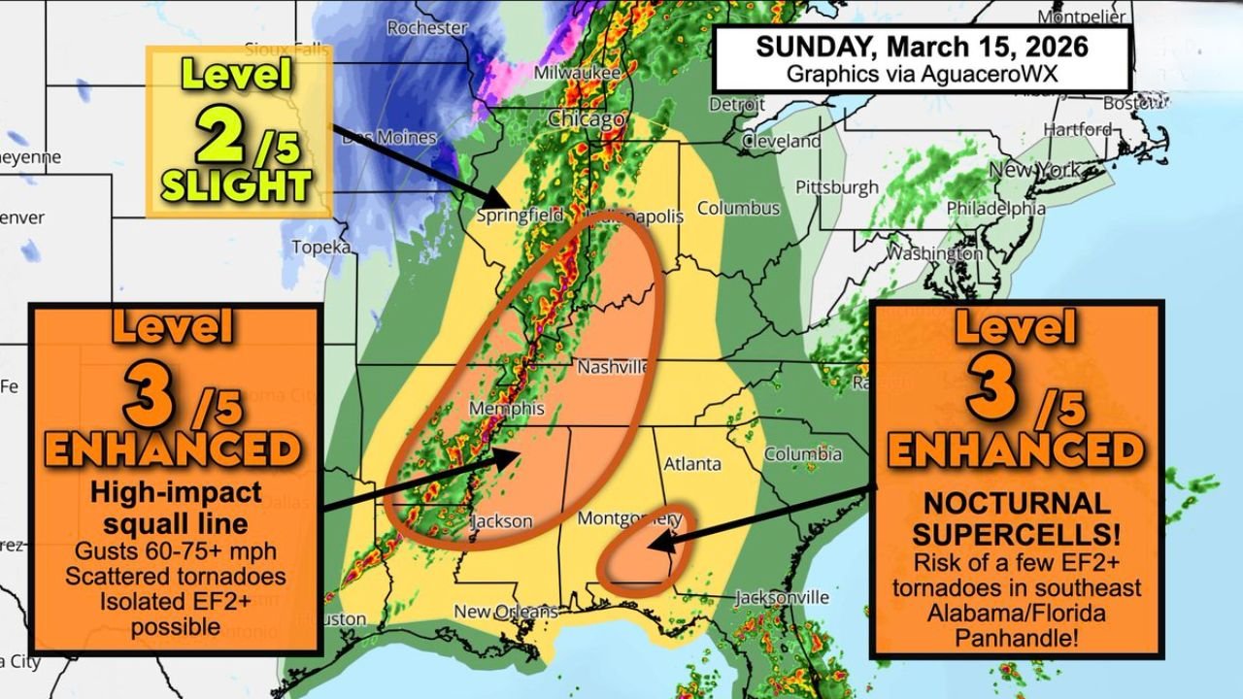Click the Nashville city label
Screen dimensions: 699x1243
click(613, 368)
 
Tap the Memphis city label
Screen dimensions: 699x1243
click(506, 409)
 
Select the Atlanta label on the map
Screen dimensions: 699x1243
click(692, 463)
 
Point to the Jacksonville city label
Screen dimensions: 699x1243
click(782, 597)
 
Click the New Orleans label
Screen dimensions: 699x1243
click(506, 612)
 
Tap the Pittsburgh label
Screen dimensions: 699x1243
click(836, 186)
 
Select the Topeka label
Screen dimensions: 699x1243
click(320, 248)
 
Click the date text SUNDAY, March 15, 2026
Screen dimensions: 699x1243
click(922, 47)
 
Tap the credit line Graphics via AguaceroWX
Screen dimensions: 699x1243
click(922, 74)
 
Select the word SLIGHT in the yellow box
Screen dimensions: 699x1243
click(236, 185)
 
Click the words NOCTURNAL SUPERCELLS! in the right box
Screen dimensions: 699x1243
click(1016, 518)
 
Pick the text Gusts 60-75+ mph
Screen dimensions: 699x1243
click(175, 550)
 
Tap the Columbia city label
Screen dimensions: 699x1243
click(803, 454)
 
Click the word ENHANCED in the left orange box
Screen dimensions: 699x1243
click(174, 449)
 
